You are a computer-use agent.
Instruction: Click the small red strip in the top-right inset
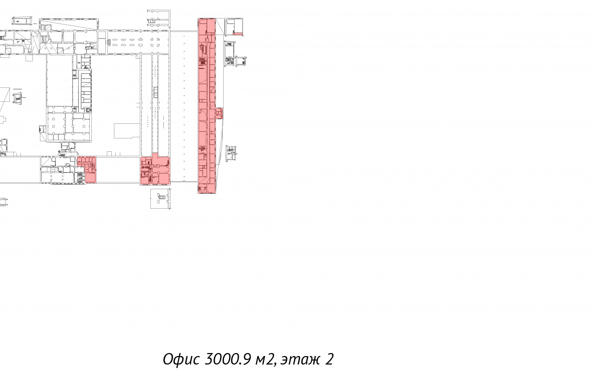click(x=238, y=34)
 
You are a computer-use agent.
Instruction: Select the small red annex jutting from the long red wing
click(x=219, y=113)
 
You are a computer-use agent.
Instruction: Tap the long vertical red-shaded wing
click(x=207, y=106)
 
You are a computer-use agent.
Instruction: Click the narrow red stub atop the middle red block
click(x=155, y=155)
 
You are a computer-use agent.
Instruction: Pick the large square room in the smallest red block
click(x=91, y=178)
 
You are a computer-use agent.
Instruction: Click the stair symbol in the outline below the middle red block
click(x=162, y=197)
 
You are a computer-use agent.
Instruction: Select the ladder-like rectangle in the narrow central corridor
click(x=156, y=92)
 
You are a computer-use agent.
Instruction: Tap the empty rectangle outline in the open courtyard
click(x=127, y=131)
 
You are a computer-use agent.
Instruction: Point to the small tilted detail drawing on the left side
click(x=17, y=98)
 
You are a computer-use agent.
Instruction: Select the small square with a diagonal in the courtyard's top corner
click(x=138, y=57)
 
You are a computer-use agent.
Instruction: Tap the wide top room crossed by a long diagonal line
click(x=69, y=24)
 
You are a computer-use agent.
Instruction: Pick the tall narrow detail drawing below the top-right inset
click(x=230, y=54)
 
